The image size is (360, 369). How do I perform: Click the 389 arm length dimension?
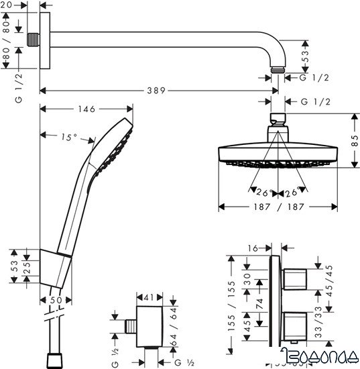(158, 89)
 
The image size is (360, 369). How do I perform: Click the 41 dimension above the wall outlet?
(149, 295)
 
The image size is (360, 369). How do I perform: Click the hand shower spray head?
(114, 144)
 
